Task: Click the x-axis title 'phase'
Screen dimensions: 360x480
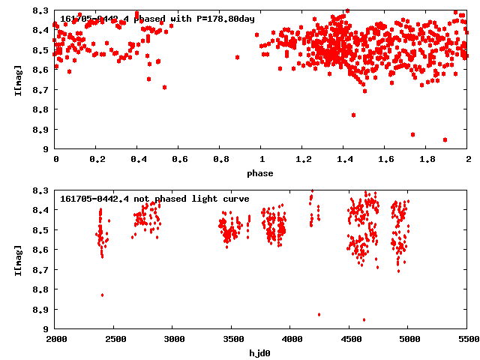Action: coord(262,173)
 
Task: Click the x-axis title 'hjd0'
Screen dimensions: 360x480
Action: coord(262,352)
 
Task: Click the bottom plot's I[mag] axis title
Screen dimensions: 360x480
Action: coord(17,259)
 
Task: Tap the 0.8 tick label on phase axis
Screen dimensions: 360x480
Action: coord(220,160)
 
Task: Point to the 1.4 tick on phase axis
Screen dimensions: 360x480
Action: coord(344,160)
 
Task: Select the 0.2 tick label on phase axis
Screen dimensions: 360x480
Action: coord(97,160)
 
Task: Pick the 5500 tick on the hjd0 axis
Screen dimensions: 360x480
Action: coord(467,339)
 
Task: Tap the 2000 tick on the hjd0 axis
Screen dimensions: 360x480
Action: coord(55,339)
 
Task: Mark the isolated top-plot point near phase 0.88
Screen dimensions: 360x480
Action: coord(237,57)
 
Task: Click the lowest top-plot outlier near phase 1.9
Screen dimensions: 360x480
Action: coord(445,139)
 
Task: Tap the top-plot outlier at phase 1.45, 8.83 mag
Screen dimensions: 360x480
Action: coord(353,115)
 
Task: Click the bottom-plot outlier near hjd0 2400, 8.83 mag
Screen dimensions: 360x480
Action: coord(102,295)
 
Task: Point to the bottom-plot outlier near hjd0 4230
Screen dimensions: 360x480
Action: coord(319,314)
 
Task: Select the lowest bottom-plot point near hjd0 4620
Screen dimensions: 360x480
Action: coord(364,319)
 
